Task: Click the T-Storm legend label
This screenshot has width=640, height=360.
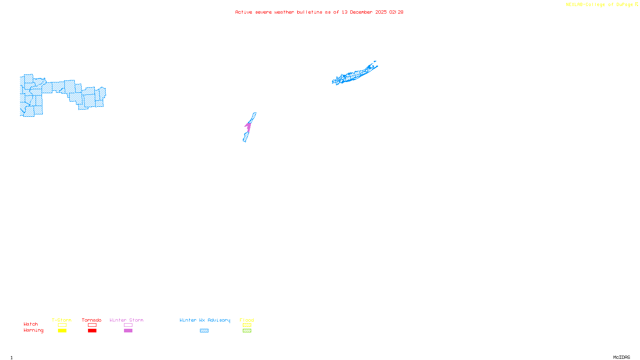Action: point(62,320)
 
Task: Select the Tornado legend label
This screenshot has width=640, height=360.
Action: point(92,320)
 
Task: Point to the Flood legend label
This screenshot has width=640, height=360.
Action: point(247,320)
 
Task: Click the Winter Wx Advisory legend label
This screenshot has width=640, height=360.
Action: point(205,320)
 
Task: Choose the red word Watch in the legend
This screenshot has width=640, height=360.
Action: point(31,324)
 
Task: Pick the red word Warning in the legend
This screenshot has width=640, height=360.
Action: point(34,330)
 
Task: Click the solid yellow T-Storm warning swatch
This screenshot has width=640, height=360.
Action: point(62,331)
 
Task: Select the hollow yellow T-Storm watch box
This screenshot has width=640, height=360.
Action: point(62,325)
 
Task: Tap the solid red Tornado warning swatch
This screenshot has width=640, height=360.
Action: point(92,331)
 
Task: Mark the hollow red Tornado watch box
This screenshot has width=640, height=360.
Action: point(92,325)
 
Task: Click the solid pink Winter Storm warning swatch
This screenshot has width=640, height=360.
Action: point(128,331)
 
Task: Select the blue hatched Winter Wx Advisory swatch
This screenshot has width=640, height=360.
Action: point(204,331)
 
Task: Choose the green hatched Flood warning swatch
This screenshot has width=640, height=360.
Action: point(247,331)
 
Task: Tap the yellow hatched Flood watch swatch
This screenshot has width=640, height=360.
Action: point(247,325)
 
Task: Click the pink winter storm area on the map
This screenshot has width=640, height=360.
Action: point(248,127)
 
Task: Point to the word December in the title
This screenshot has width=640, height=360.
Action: point(361,12)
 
